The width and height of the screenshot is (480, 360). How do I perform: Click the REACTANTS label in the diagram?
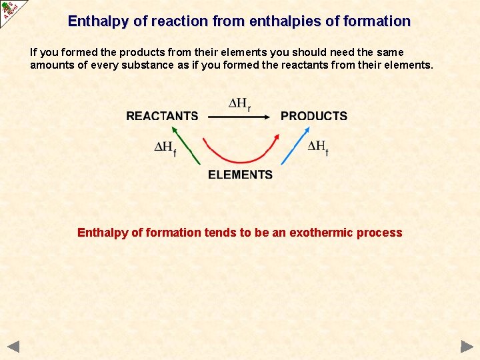(x=162, y=116)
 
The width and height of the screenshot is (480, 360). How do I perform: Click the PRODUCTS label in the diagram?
(x=314, y=116)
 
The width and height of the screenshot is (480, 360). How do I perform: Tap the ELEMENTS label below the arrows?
(x=240, y=175)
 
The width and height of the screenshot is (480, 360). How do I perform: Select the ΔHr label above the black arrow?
(x=240, y=104)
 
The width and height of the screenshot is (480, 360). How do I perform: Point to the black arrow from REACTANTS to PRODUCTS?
(x=239, y=117)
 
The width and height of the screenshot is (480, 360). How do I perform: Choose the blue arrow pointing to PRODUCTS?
(x=291, y=147)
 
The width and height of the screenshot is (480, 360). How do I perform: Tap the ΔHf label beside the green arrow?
(x=165, y=148)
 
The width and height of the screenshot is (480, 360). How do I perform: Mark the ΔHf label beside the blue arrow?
(x=318, y=147)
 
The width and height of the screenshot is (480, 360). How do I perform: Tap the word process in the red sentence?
(x=379, y=233)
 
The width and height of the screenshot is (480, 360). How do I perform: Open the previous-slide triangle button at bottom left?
(x=13, y=347)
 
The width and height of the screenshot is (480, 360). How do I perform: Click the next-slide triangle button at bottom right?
(x=467, y=347)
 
